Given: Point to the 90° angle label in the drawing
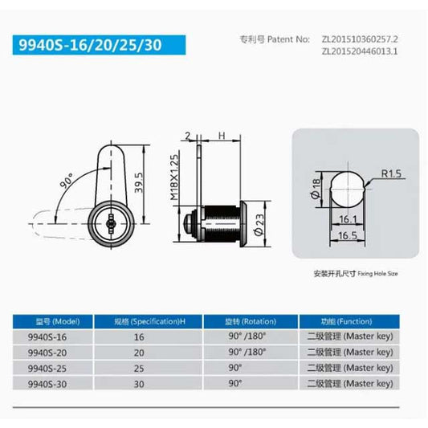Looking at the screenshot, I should tap(64, 178).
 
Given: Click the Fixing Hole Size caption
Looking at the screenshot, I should tap(355, 274).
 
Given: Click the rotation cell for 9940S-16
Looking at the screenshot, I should tap(246, 336).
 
